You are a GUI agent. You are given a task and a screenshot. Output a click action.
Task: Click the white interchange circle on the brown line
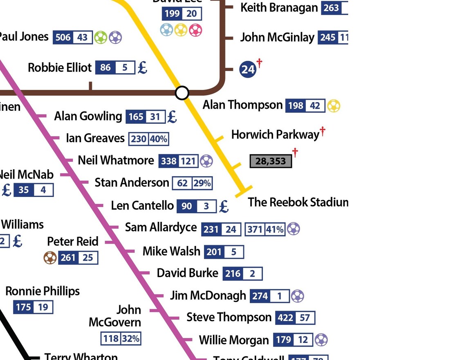pyautogui.click(x=182, y=93)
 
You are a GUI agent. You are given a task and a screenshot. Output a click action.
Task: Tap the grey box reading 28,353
pyautogui.click(x=271, y=161)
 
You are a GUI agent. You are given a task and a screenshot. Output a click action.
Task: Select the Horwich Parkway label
pyautogui.click(x=275, y=134)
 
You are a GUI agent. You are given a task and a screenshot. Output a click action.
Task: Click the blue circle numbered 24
pyautogui.click(x=248, y=69)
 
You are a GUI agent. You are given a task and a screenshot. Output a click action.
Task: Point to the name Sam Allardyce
pyautogui.click(x=161, y=227)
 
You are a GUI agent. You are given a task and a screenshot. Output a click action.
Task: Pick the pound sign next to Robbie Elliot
pyautogui.click(x=142, y=67)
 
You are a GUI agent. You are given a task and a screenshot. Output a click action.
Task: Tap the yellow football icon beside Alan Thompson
pyautogui.click(x=334, y=106)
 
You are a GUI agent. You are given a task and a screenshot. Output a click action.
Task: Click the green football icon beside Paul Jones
pyautogui.click(x=101, y=38)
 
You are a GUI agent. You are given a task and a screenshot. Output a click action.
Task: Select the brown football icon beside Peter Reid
pyautogui.click(x=50, y=257)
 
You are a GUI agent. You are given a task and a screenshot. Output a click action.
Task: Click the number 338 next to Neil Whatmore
pyautogui.click(x=168, y=161)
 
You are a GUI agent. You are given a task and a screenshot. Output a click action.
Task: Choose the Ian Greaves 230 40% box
pyautogui.click(x=149, y=139)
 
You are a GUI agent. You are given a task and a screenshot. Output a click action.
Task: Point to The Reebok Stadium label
pyautogui.click(x=298, y=202)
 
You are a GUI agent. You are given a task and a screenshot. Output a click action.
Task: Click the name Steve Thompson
pyautogui.click(x=229, y=317)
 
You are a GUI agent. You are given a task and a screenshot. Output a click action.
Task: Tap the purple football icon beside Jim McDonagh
pyautogui.click(x=298, y=295)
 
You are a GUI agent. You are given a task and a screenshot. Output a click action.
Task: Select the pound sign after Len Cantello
pyautogui.click(x=224, y=206)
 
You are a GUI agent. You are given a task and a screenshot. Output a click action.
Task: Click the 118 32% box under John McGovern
pyautogui.click(x=121, y=338)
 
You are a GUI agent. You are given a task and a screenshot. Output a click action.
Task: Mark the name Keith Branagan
pyautogui.click(x=279, y=7)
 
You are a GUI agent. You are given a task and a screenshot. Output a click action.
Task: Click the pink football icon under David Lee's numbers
pyautogui.click(x=196, y=30)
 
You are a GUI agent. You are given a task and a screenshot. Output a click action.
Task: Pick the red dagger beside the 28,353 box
pyautogui.click(x=295, y=153)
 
